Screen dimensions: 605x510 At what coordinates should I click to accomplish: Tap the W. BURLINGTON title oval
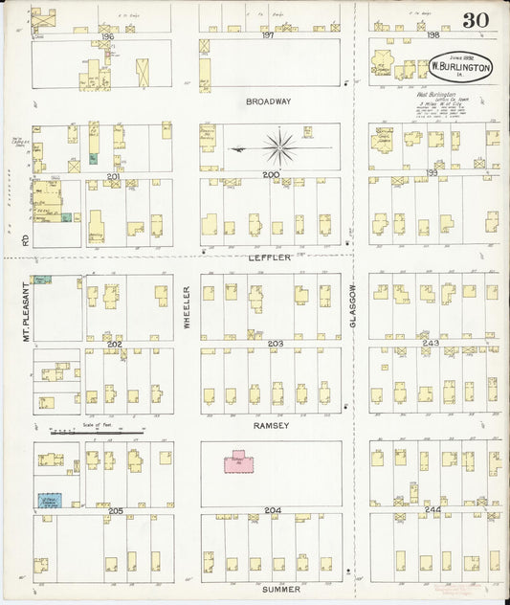click(460, 68)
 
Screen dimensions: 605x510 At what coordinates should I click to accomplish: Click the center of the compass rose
click(279, 147)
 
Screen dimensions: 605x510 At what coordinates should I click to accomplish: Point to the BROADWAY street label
click(268, 101)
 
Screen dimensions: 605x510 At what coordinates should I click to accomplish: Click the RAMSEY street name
click(272, 424)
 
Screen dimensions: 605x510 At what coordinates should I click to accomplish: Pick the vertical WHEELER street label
click(188, 307)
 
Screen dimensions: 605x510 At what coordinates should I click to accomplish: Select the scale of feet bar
click(96, 433)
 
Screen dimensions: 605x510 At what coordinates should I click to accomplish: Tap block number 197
click(267, 35)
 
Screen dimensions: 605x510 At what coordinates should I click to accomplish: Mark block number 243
click(432, 343)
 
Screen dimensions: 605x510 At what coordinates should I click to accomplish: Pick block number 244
click(432, 509)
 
